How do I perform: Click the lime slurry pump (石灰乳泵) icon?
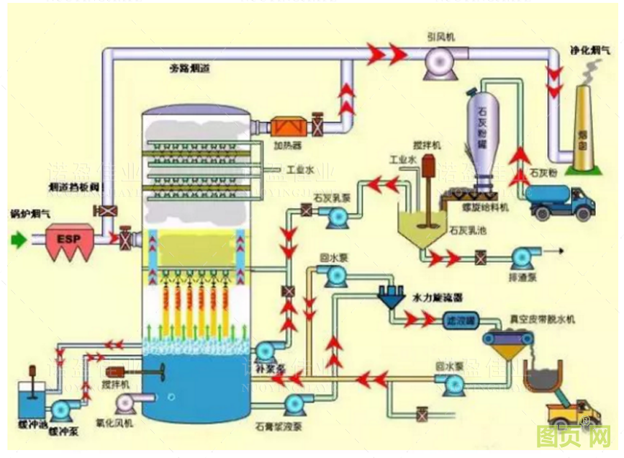click(x=334, y=216)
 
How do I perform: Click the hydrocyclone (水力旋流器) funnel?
click(x=392, y=297)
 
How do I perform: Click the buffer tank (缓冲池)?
click(x=32, y=399)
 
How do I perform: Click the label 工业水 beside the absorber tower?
click(x=300, y=171)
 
